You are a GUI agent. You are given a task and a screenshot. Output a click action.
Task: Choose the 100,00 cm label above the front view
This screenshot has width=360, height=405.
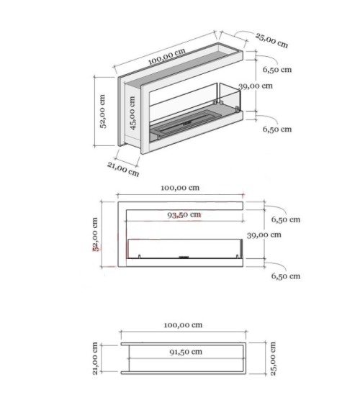point(181,187)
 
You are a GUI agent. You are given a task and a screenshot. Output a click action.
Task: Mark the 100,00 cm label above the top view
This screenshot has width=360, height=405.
point(181,324)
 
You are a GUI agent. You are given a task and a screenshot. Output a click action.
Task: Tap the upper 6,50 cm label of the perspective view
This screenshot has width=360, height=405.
point(277,70)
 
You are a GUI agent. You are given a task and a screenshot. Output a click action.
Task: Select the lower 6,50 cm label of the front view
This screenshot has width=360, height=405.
point(285,276)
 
